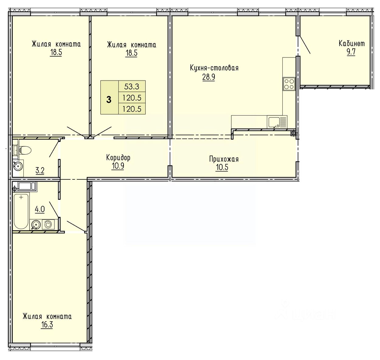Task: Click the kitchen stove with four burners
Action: pos(289,84)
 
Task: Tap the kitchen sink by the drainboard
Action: pos(274,122)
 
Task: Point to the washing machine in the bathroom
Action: pos(48,224)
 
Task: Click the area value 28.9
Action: pos(208,77)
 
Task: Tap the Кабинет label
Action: pos(352,43)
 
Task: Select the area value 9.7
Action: pos(351,52)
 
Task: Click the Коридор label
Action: pos(118,158)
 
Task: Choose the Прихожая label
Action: pos(224,159)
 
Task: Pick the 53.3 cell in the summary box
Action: pos(132,87)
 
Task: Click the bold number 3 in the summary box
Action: pos(109,100)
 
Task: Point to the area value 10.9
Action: pos(117,166)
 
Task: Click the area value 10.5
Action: pos(222,167)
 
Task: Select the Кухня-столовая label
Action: pos(214,68)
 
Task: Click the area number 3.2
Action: pos(40,171)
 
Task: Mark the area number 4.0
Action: pos(40,209)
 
